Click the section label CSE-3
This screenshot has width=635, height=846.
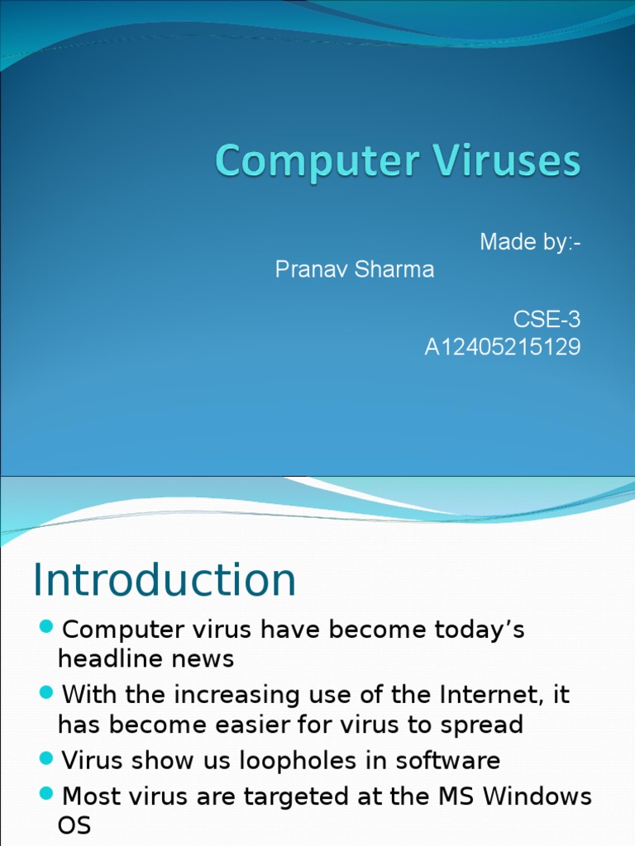[547, 320]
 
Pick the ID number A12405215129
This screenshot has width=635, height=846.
[503, 348]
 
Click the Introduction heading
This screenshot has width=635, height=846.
[165, 580]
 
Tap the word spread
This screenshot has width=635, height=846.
[483, 725]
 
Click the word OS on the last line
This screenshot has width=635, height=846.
[74, 825]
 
